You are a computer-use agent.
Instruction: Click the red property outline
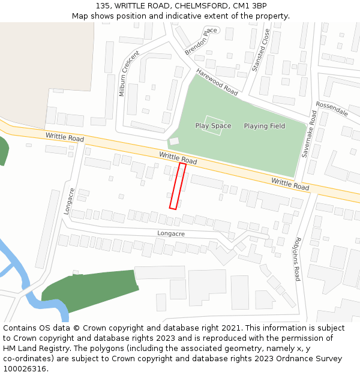tap(178, 186)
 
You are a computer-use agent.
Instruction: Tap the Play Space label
tap(213, 126)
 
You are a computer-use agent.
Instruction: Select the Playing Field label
tap(264, 126)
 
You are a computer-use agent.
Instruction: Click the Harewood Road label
tap(217, 82)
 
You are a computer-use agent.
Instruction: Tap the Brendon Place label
tap(201, 41)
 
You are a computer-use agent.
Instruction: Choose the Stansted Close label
tap(261, 50)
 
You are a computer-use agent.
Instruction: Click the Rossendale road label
tap(332, 108)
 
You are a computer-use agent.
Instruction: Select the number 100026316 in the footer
tap(23, 369)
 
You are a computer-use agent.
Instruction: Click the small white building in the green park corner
tap(174, 141)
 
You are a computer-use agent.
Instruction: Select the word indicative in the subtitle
tap(183, 16)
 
